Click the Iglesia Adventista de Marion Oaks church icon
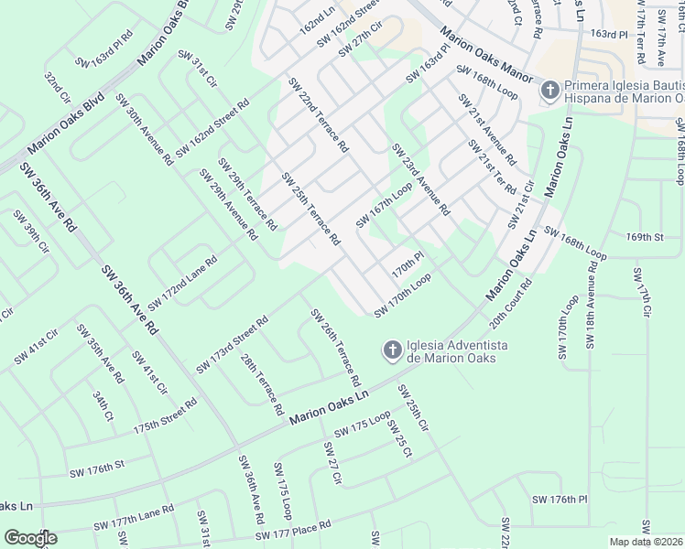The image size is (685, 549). [391, 350]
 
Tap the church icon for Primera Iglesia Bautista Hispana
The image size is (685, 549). [549, 90]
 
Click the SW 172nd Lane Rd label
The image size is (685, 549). [182, 283]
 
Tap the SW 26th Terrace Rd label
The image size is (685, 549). [334, 347]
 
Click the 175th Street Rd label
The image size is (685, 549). [165, 415]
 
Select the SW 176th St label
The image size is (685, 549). [109, 469]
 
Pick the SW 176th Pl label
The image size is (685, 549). [559, 499]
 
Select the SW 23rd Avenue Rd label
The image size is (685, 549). [420, 178]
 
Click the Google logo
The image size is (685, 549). [29, 537]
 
